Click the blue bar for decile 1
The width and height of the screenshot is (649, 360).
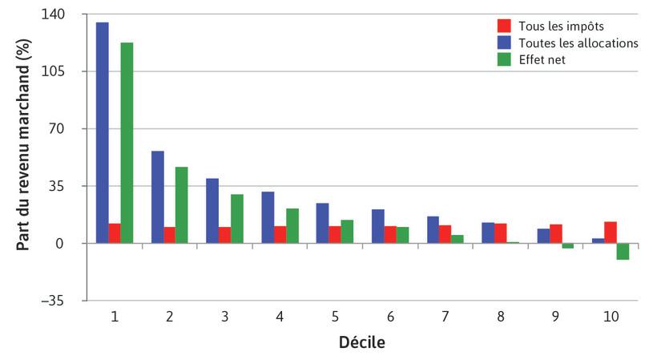(103, 132)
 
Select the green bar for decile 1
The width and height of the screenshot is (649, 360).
(127, 143)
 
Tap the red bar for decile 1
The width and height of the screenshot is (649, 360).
(115, 233)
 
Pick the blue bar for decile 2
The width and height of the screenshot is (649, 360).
(158, 197)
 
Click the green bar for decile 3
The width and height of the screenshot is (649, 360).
(237, 219)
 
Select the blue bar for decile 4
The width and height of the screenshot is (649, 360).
(268, 217)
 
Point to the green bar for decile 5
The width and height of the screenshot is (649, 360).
(347, 232)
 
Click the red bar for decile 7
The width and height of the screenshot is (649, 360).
(445, 234)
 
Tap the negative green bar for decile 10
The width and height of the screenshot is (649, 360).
(623, 252)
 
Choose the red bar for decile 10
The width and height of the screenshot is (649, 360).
(611, 233)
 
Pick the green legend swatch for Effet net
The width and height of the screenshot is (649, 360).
(504, 59)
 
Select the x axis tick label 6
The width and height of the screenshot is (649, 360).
(390, 317)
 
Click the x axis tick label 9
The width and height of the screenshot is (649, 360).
(555, 317)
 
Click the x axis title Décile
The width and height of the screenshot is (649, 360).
(363, 343)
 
